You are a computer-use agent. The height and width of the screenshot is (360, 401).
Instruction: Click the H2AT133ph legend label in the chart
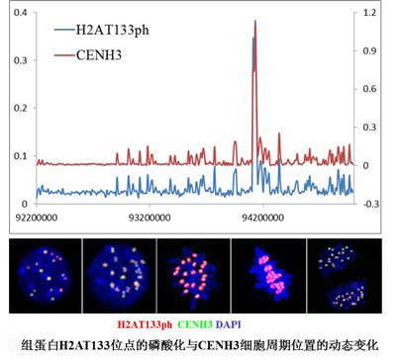click(112, 31)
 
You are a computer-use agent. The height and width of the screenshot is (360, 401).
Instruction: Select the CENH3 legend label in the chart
click(99, 55)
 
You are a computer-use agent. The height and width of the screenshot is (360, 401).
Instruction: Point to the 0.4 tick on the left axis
click(20, 13)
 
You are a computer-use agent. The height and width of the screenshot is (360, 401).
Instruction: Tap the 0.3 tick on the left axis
click(20, 60)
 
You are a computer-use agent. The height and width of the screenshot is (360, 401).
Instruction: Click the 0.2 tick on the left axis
click(20, 108)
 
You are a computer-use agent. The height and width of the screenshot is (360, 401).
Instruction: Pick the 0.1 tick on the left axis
click(20, 156)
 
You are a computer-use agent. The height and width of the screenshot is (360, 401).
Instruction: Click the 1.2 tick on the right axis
click(369, 13)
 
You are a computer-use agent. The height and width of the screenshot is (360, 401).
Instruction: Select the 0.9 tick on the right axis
click(369, 50)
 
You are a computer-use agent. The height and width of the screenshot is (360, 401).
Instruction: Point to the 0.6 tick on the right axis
click(369, 89)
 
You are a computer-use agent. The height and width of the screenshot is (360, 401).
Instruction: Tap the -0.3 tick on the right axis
click(370, 204)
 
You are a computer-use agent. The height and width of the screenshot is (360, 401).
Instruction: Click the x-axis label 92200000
click(37, 218)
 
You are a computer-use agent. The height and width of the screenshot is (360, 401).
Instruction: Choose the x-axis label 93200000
click(150, 218)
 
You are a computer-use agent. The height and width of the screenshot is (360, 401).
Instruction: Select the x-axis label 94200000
click(262, 218)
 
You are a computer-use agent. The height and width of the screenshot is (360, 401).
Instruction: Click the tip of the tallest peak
click(255, 21)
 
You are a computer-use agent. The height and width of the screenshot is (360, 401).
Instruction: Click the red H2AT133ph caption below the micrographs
click(145, 324)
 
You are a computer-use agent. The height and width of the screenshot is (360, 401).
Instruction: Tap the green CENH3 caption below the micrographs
click(195, 324)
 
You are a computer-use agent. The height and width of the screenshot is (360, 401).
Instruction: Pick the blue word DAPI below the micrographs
click(229, 324)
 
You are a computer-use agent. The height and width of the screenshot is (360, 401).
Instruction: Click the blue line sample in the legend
click(64, 31)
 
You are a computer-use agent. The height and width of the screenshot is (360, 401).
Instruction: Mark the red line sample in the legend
click(64, 55)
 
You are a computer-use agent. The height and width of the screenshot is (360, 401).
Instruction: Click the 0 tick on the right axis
click(365, 165)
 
